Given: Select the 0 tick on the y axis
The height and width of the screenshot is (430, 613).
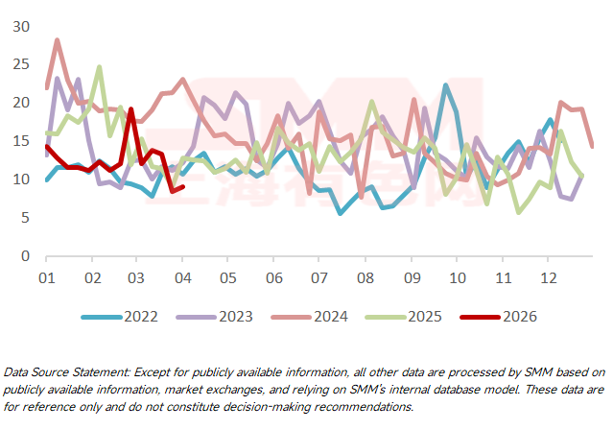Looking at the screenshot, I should (27, 256).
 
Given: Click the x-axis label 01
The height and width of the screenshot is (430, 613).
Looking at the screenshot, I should (46, 277).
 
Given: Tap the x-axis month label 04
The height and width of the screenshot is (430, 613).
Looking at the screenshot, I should (182, 277).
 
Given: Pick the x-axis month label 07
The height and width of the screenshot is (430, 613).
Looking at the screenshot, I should (319, 277).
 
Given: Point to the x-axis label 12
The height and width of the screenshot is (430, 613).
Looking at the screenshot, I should (548, 277).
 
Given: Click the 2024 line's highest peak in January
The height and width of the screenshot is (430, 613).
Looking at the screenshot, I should (58, 40).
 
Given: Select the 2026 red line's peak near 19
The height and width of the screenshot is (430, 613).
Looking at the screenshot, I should (130, 109).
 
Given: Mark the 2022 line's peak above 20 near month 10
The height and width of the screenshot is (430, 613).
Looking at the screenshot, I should (446, 85).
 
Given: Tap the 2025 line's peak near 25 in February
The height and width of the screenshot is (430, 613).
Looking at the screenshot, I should (100, 67).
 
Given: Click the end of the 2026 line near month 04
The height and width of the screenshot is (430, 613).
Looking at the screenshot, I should (182, 186).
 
